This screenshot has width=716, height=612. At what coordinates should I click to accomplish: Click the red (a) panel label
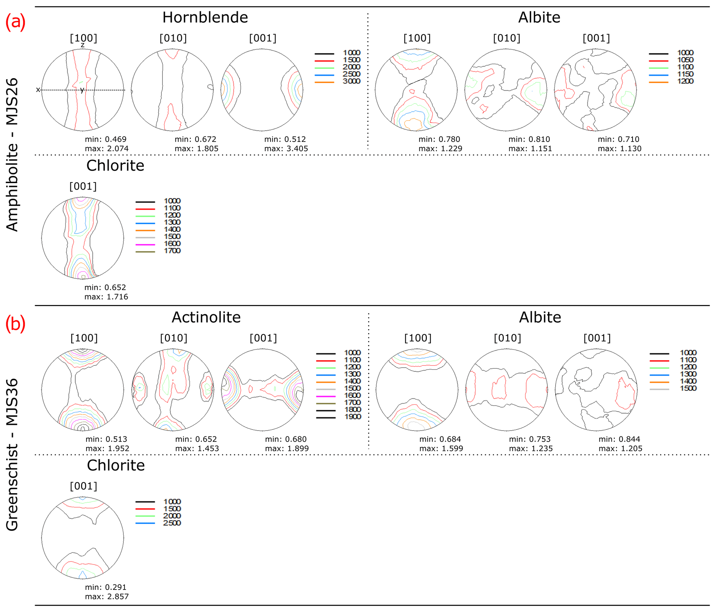point(15,22)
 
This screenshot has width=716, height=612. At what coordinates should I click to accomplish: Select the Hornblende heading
point(205,17)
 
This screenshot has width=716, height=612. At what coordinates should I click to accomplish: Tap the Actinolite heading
point(206,317)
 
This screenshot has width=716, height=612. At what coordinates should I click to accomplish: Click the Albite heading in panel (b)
point(540,317)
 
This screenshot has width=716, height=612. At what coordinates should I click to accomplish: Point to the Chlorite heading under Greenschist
point(116,465)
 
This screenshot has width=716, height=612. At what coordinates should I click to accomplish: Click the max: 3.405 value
point(286,148)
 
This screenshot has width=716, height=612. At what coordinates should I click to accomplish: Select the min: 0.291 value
point(106,587)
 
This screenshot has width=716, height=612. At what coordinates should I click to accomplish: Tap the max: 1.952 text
point(107,448)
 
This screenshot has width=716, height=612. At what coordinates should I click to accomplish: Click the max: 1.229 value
point(440,148)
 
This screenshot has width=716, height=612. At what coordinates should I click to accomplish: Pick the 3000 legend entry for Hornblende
point(352,81)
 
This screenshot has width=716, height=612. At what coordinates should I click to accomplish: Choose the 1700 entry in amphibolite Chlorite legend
point(172,251)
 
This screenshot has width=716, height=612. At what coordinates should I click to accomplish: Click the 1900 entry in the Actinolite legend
point(353,416)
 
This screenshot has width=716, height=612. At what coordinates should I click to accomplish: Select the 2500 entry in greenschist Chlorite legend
point(172,523)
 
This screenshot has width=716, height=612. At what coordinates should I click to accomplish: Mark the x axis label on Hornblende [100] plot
point(38,90)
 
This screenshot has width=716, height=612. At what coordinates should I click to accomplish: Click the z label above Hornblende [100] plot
point(83,45)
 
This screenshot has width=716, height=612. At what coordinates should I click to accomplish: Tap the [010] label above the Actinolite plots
point(174,338)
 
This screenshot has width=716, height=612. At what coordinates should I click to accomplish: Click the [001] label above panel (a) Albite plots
point(596,38)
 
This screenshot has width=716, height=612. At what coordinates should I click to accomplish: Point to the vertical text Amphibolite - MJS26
point(12,155)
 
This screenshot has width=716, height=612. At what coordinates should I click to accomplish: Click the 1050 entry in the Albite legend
point(685,60)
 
